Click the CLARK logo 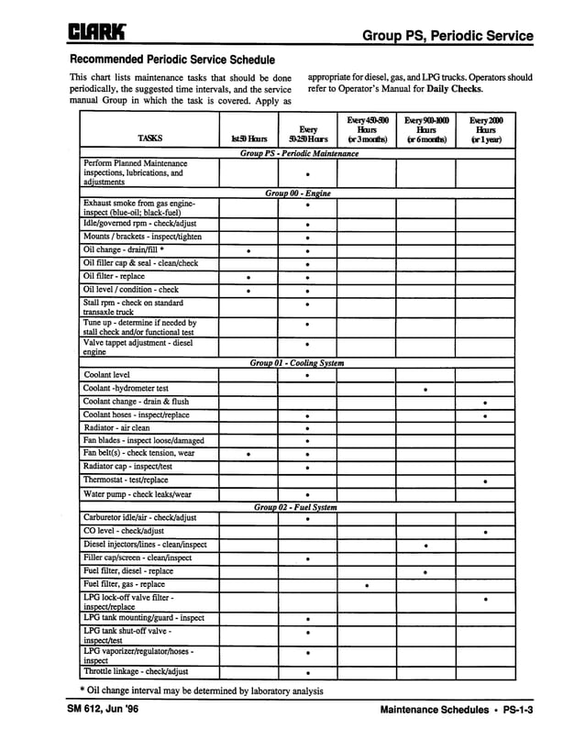(x=99, y=35)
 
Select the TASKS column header (x=149, y=138)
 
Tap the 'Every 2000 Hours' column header (x=485, y=129)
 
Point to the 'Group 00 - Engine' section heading (x=298, y=193)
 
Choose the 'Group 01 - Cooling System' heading (x=298, y=363)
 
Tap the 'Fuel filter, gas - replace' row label (x=124, y=584)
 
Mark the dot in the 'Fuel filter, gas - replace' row (x=366, y=585)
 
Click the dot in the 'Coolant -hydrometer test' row (x=425, y=390)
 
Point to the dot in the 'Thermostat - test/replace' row (x=485, y=481)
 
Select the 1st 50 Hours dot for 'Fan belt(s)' (x=248, y=454)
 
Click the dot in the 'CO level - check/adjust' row (x=485, y=532)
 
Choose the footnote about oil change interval (x=201, y=690)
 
